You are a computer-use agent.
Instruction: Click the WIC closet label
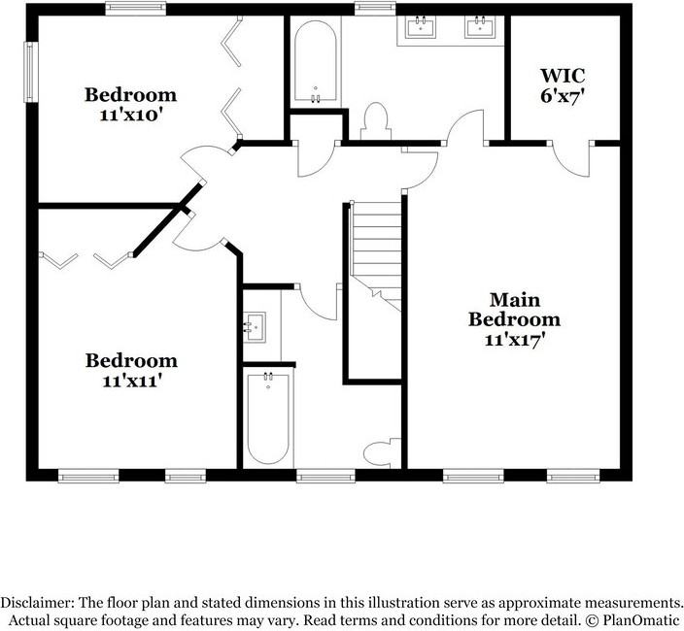pos(563,76)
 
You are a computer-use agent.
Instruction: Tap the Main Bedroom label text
pos(514,310)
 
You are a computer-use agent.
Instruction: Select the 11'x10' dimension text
pos(131,116)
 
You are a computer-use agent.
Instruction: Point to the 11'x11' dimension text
pos(132,382)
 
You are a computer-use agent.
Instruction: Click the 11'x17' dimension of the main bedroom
pos(515,340)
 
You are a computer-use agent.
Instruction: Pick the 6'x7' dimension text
pos(563,96)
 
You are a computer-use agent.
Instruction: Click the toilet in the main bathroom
pos(375,120)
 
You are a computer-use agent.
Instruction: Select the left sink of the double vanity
pos(421,27)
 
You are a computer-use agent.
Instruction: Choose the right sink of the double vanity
pos(480,26)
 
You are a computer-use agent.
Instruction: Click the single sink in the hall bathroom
pos(255,327)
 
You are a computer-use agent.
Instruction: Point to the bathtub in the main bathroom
pos(316,61)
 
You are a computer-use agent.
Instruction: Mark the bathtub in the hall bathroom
pos(268,418)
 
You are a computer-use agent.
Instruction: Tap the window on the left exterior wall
pos(30,72)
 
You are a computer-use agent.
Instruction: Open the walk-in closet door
pos(571,160)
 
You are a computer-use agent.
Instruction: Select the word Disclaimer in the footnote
pos(37,603)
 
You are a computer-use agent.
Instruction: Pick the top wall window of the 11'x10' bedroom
pos(136,9)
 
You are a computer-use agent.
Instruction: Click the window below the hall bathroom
pos(325,476)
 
